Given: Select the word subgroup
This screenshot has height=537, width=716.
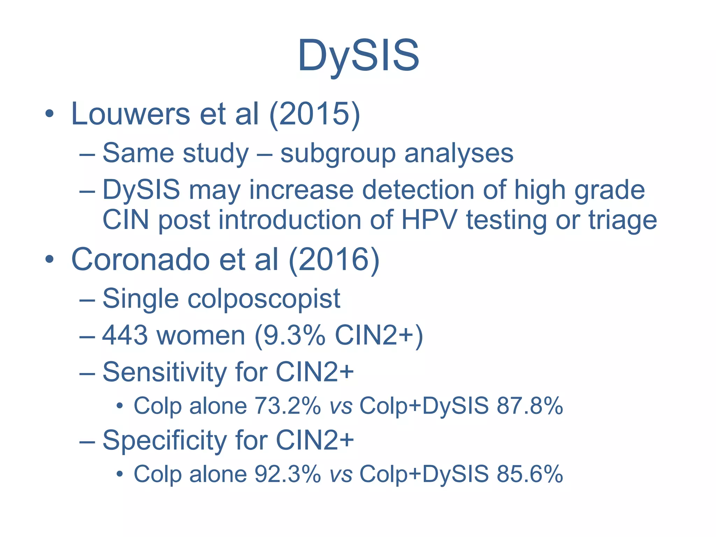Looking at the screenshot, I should (x=338, y=154).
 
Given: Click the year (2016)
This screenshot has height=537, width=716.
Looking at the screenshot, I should (x=334, y=259).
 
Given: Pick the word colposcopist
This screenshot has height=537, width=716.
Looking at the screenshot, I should (x=264, y=299).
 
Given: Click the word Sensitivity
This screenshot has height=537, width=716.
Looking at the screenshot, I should (x=165, y=372).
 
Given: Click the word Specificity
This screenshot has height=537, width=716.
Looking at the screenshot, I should (x=165, y=440).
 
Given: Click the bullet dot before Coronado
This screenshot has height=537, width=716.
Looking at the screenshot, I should (x=49, y=259).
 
